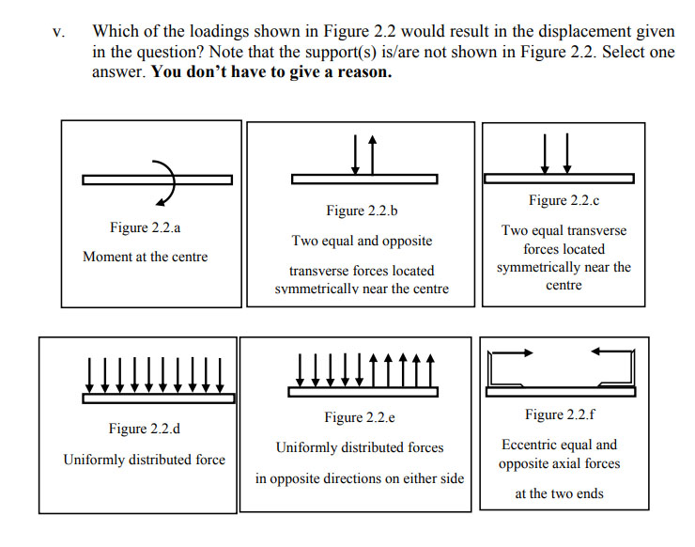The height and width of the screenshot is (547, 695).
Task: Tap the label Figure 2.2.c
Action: pos(564,200)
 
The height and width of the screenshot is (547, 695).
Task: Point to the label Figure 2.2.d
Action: pos(144,430)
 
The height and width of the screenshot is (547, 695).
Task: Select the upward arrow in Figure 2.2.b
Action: pos(372,154)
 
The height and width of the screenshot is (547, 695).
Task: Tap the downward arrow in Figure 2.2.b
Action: pos(356,154)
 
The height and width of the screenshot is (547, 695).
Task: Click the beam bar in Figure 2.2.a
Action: pos(113,180)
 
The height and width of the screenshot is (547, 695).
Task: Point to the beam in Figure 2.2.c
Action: pos(558,179)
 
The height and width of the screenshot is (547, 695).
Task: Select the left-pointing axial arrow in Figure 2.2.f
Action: pos(611,352)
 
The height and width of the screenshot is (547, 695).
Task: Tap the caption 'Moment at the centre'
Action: pos(146,257)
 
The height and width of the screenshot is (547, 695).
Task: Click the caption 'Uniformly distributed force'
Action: pos(144,460)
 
